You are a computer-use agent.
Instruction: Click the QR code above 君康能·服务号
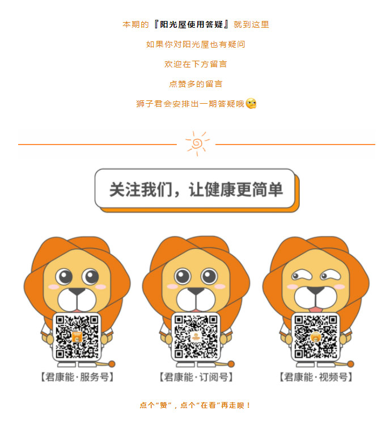77,337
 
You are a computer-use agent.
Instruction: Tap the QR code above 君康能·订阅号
196,337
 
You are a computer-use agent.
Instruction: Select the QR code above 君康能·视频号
316,337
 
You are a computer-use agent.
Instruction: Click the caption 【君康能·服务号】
77,377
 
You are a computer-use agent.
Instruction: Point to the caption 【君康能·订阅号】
196,377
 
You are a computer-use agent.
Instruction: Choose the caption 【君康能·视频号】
316,377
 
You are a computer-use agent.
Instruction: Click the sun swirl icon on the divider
197,143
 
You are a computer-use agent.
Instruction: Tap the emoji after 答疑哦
251,104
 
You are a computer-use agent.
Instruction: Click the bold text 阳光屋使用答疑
192,24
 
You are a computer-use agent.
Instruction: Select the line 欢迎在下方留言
196,64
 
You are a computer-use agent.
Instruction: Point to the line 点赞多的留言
196,84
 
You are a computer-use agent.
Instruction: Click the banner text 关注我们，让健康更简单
196,189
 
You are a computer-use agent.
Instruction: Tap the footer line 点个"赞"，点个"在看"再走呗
195,405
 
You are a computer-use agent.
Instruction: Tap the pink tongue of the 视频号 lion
315,310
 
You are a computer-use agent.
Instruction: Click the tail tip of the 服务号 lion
112,364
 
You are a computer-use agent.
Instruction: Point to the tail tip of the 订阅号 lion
231,364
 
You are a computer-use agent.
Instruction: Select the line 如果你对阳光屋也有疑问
196,44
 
